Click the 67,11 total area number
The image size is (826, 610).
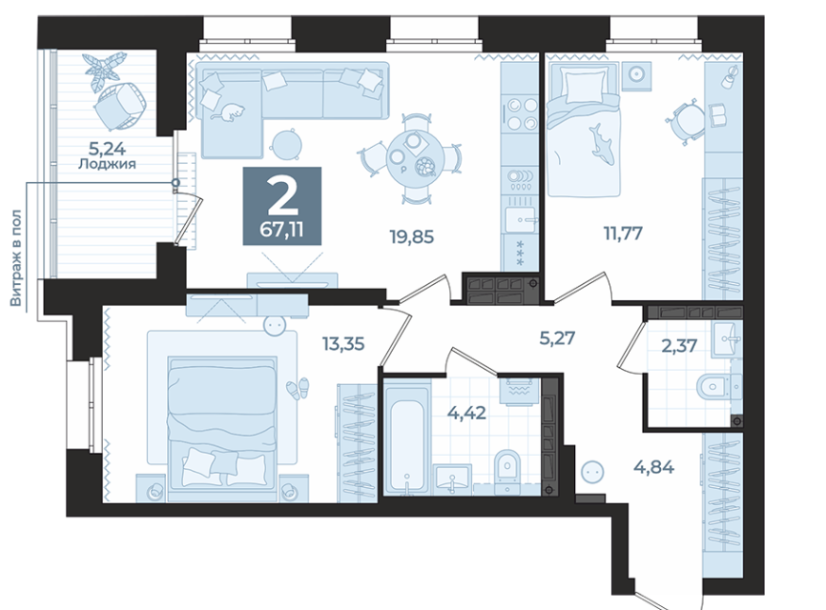click(281, 230)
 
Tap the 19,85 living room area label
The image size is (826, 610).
click(412, 236)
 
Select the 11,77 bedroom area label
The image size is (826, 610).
click(623, 233)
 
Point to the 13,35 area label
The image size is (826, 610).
click(343, 344)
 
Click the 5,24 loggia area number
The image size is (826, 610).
click(107, 149)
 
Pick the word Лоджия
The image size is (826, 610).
click(107, 164)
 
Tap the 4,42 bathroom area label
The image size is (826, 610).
click(466, 413)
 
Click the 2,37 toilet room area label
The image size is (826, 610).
click(679, 346)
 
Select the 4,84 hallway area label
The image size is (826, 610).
click(653, 466)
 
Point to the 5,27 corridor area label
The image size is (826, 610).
click(557, 338)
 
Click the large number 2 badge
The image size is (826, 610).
click(281, 206)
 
